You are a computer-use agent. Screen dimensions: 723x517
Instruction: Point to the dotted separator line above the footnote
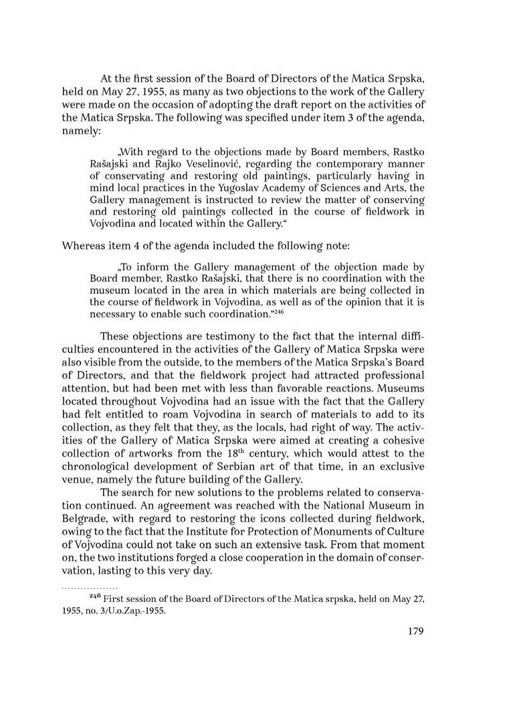90,587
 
